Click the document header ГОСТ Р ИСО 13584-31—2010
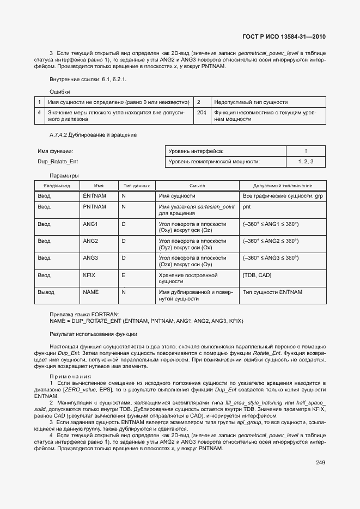point(283,37)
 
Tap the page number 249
point(320,463)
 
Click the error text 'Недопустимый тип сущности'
point(251,102)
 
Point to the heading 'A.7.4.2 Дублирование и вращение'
point(93,134)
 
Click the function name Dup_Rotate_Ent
point(57,162)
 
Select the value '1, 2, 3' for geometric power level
point(306,162)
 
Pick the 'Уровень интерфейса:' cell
point(196,151)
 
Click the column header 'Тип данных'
point(136,186)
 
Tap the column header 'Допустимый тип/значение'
point(282,186)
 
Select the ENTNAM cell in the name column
point(94,195)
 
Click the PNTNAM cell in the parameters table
point(94,207)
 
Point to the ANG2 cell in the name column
point(90,241)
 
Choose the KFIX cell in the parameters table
point(89,275)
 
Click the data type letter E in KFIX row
point(123,275)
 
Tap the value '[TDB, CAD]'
point(257,275)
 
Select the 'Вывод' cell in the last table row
point(46,292)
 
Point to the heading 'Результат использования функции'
point(93,334)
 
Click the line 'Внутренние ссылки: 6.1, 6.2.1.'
point(88,79)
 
